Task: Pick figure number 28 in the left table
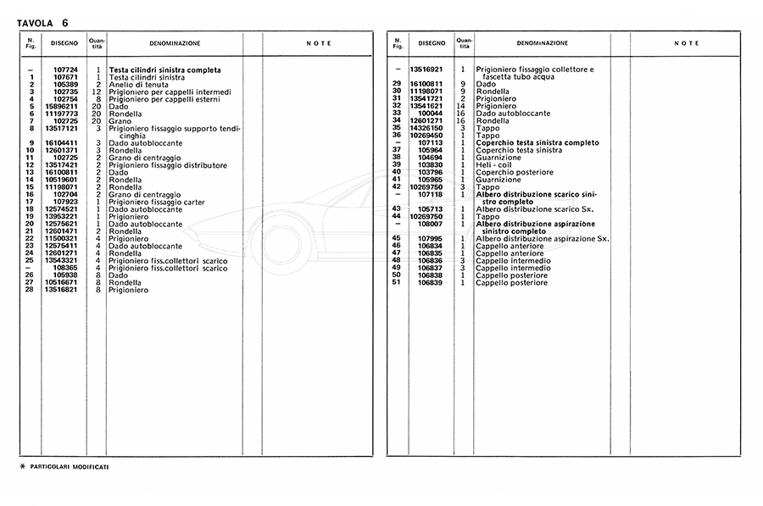30,290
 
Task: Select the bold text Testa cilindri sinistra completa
164,70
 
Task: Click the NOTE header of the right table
686,43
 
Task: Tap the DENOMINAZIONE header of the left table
175,43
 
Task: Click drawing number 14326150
427,128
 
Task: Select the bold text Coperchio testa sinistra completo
539,142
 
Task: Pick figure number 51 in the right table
396,282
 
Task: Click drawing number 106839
431,282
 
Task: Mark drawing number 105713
431,209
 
